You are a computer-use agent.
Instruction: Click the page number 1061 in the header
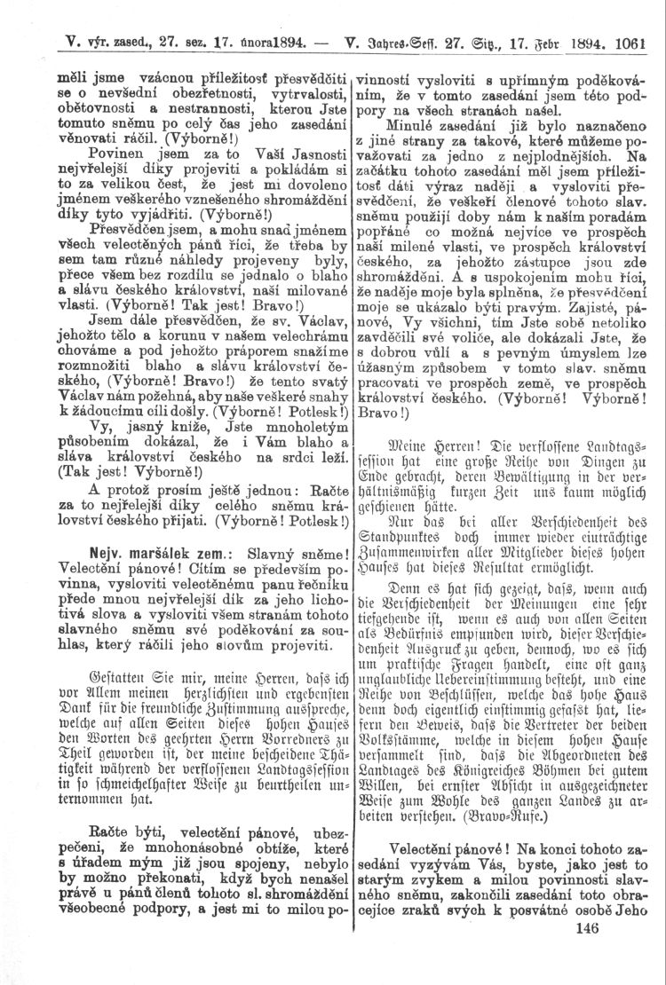(630, 42)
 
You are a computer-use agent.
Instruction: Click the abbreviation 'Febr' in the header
(565, 42)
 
